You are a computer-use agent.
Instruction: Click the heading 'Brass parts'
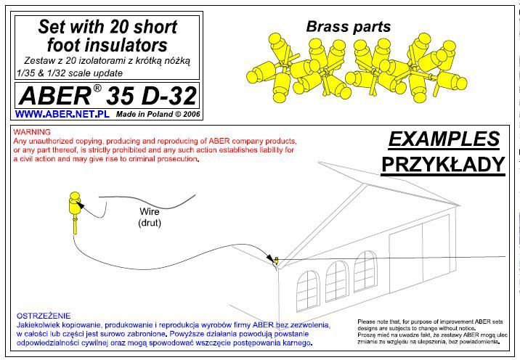tap(348, 27)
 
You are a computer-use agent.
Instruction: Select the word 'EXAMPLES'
tap(444, 139)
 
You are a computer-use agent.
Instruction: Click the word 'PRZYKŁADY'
tap(443, 165)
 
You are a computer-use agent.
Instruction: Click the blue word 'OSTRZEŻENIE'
tap(44, 316)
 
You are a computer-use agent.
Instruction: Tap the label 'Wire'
tap(149, 212)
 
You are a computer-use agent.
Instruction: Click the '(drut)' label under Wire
tap(149, 223)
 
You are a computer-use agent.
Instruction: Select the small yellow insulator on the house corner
tap(275, 259)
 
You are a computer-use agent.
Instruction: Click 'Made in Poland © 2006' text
tap(158, 115)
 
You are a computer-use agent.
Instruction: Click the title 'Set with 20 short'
tap(107, 28)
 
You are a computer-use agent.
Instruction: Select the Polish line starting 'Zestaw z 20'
tap(107, 61)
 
